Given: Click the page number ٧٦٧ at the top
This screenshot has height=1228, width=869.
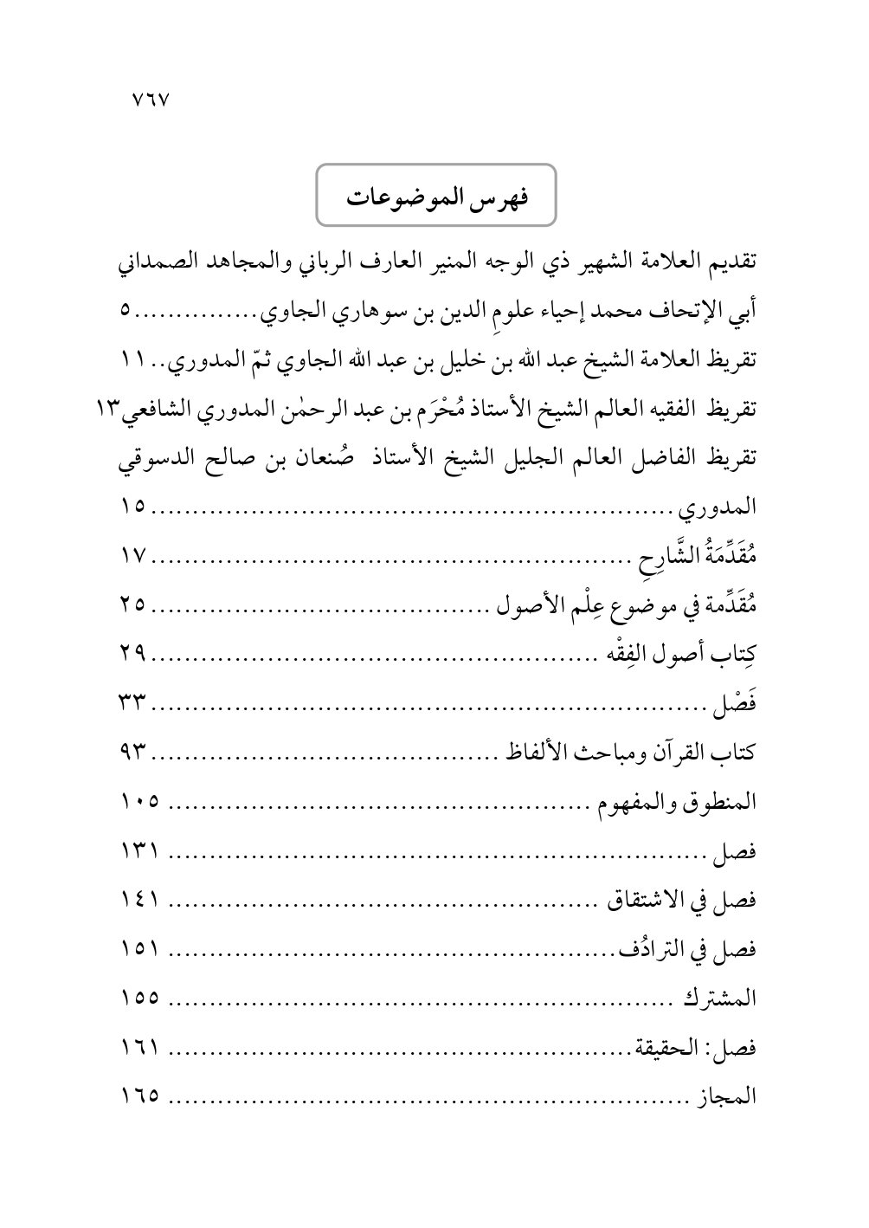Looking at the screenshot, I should [150, 97].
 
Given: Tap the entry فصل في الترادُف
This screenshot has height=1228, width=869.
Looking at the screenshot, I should [689, 950].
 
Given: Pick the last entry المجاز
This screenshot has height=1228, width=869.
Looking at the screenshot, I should [728, 1096].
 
